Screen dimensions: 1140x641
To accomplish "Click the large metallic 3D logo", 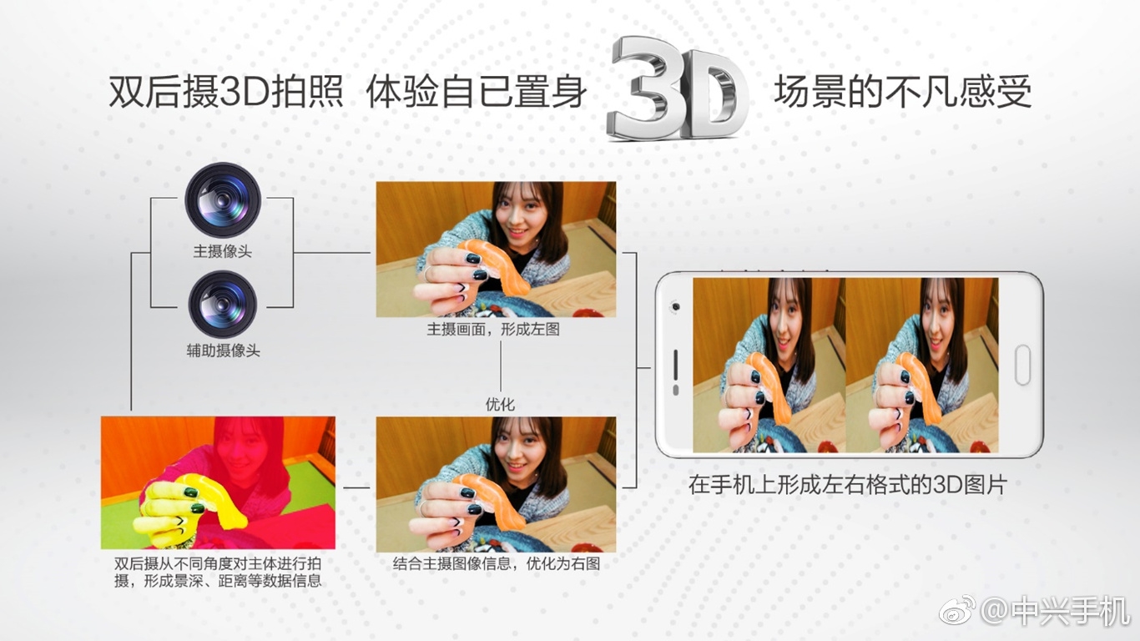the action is pyautogui.click(x=677, y=88).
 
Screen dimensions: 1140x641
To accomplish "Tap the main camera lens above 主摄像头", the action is pyautogui.click(x=223, y=200).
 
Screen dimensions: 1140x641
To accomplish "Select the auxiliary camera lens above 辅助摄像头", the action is pyautogui.click(x=223, y=305).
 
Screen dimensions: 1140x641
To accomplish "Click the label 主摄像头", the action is pyautogui.click(x=222, y=251).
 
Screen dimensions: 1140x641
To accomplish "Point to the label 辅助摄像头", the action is pyautogui.click(x=223, y=351).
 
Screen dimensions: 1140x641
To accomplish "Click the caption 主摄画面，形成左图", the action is pyautogui.click(x=493, y=330).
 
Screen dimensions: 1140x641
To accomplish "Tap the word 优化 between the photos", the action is pyautogui.click(x=500, y=404).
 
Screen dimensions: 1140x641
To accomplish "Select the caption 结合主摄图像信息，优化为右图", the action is pyautogui.click(x=497, y=563).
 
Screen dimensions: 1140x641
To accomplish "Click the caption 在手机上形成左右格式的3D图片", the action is pyautogui.click(x=847, y=485).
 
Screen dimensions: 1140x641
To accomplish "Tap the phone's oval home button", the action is pyautogui.click(x=1022, y=365).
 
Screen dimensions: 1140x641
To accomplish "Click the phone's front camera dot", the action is pyautogui.click(x=676, y=306).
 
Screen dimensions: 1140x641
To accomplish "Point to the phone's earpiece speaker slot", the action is pyautogui.click(x=675, y=365).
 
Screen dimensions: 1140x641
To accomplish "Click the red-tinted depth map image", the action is pyautogui.click(x=218, y=482).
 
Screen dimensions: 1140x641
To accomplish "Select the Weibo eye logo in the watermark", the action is pyautogui.click(x=956, y=610).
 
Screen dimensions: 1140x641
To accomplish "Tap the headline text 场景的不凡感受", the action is pyautogui.click(x=902, y=92).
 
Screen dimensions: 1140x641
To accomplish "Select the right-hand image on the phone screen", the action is pyautogui.click(x=921, y=365).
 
